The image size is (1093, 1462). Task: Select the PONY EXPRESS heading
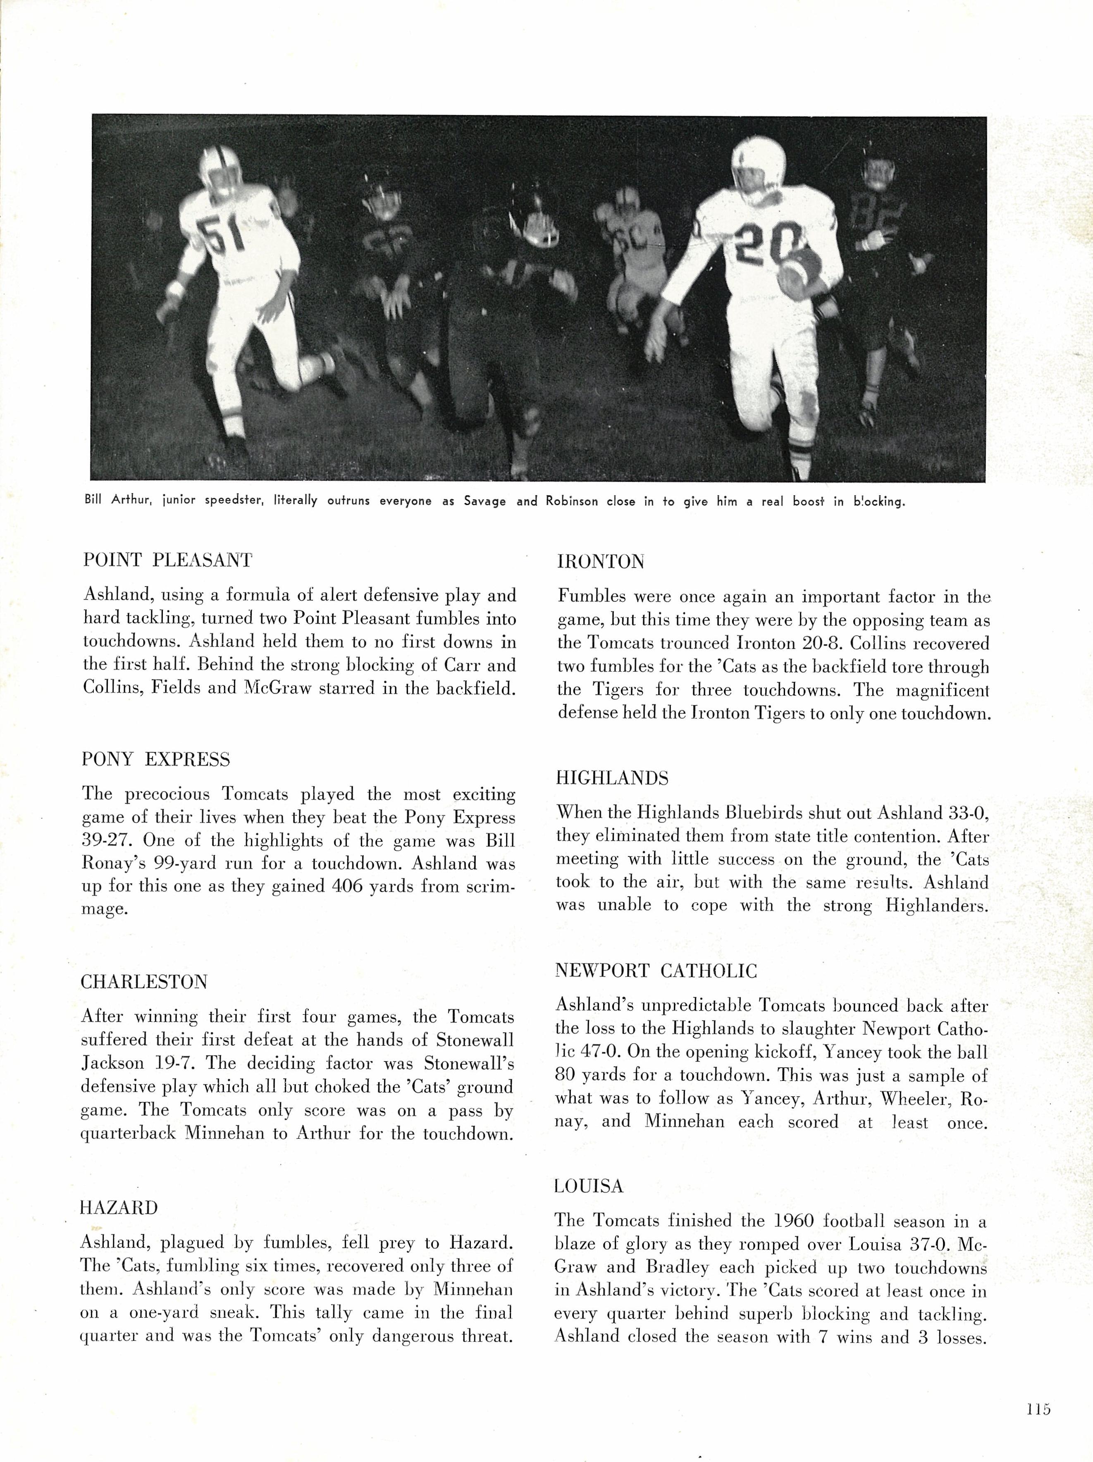point(156,759)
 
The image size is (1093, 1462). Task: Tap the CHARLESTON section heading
point(144,982)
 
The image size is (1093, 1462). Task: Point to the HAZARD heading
point(119,1207)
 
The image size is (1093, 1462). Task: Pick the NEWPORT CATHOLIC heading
point(656,971)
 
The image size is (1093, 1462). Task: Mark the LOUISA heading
point(589,1186)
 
